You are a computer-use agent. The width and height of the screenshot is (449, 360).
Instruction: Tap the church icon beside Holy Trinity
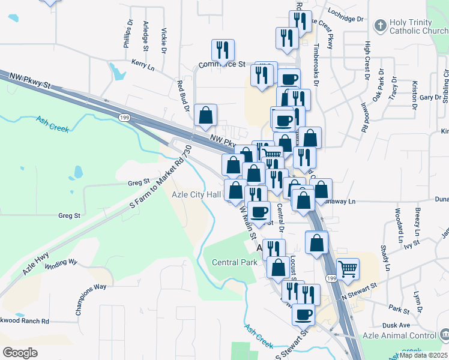tap(379, 26)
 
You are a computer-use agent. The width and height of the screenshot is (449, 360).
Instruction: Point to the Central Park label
tap(235, 262)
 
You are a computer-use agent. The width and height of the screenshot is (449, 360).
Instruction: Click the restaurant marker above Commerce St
tap(223, 50)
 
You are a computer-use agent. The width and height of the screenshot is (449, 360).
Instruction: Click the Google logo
tap(20, 352)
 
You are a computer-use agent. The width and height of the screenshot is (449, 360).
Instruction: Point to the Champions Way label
tap(91, 287)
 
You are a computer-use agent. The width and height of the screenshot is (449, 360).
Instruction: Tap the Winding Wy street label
tap(61, 262)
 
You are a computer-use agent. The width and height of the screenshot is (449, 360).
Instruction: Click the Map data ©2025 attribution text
tap(423, 355)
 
